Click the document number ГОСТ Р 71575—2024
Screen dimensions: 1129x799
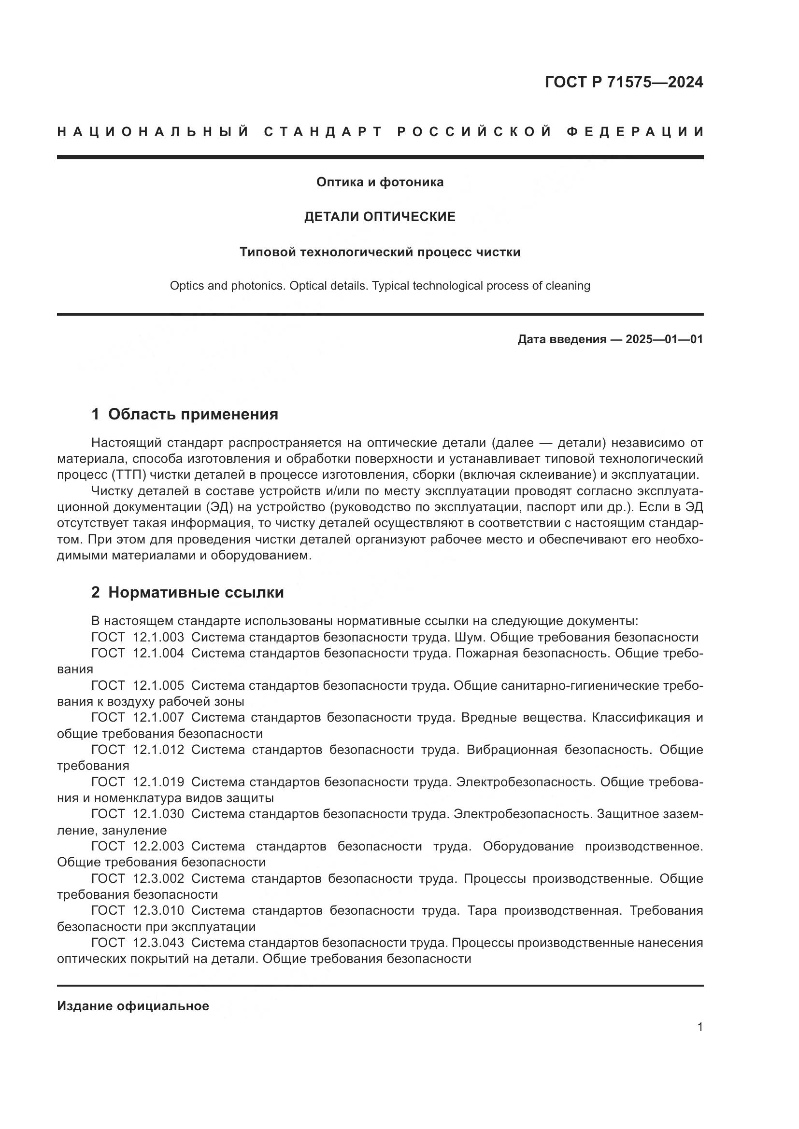[x=623, y=82]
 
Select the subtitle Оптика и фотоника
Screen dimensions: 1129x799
[x=380, y=182]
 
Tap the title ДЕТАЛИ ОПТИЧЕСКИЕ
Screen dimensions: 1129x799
[x=380, y=217]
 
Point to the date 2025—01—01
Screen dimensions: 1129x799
[x=664, y=339]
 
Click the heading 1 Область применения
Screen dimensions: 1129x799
[x=185, y=415]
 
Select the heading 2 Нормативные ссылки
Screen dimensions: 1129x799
[x=187, y=593]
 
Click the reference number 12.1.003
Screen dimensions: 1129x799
[x=158, y=637]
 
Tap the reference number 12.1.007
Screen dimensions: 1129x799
[x=158, y=717]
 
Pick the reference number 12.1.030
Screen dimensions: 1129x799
[x=158, y=814]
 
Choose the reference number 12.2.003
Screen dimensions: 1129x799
[x=158, y=846]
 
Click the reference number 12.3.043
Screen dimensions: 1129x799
[x=158, y=943]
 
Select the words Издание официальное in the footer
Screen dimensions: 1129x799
[x=133, y=1006]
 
